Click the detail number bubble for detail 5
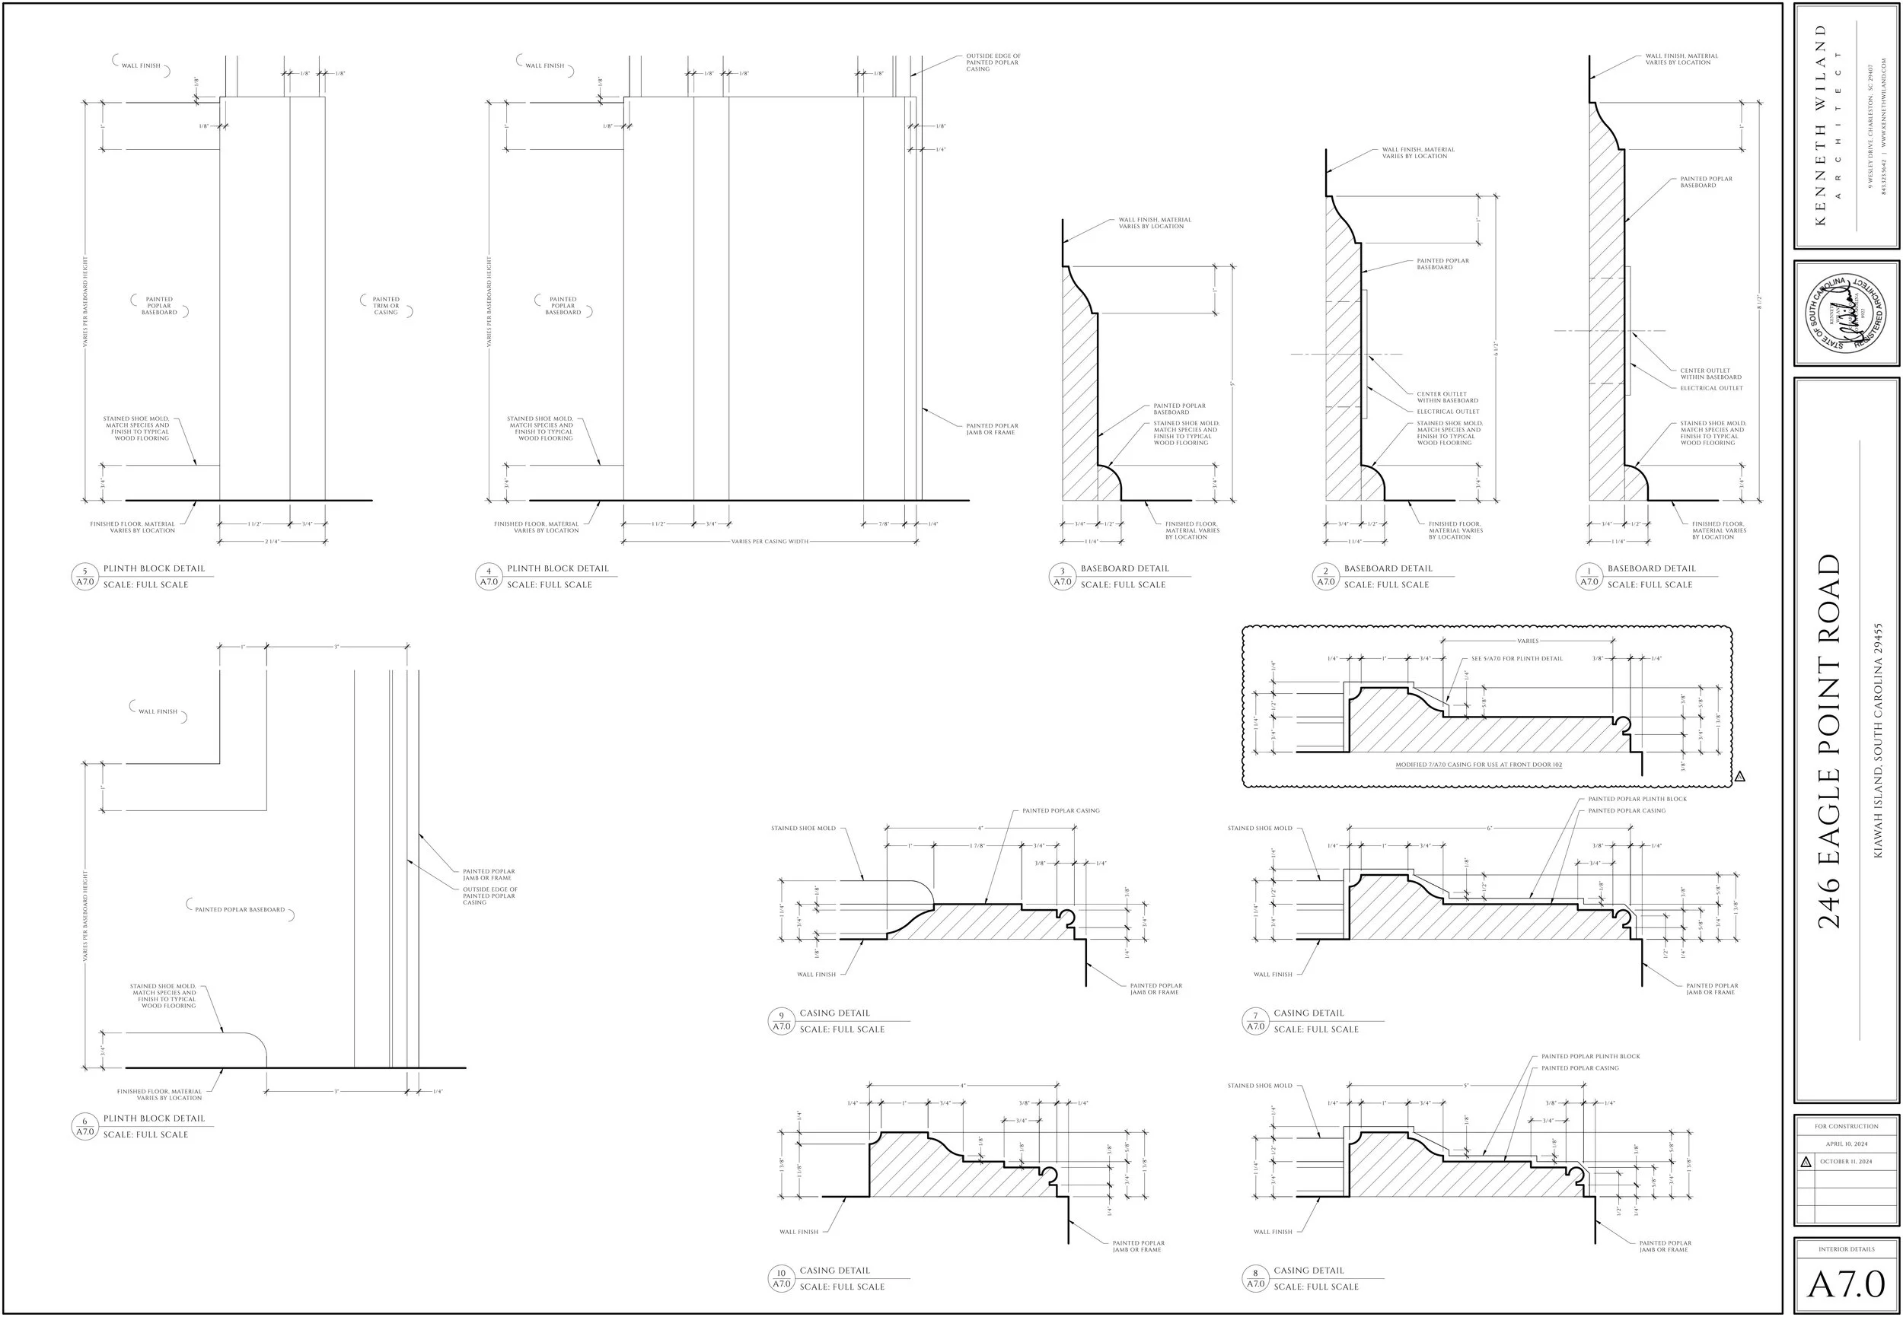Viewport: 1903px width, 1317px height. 85,576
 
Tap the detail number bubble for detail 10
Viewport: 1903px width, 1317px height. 781,1278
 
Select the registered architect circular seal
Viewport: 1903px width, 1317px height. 1846,313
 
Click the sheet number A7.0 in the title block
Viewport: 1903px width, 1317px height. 1846,1285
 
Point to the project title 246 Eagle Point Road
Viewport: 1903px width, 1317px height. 1829,740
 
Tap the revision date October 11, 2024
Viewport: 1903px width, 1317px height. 1846,1162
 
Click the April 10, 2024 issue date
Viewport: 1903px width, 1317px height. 1846,1144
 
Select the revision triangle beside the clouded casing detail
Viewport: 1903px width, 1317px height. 1739,777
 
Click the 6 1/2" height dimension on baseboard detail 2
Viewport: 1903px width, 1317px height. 1495,348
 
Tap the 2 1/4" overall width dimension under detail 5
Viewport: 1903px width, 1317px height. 273,541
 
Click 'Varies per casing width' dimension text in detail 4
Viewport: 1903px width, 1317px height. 770,541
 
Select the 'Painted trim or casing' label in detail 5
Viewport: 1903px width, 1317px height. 386,305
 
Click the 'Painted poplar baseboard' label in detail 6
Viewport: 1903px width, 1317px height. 240,909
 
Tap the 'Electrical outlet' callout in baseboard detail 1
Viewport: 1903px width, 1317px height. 1711,388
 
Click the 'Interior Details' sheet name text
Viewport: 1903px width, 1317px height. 1846,1249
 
